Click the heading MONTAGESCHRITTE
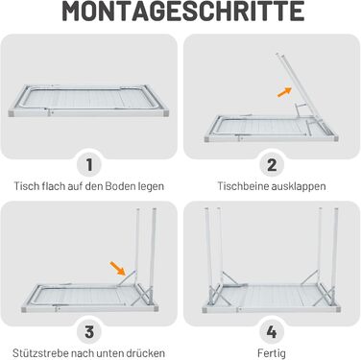182,12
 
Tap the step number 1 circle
89,165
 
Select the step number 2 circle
272,165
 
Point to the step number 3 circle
89,332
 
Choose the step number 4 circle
272,332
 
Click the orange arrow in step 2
284,92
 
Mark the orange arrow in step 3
118,268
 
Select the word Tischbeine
243,186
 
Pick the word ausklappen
299,186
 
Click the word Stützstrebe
40,353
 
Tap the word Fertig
272,354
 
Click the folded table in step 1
88,101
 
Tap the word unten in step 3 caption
109,353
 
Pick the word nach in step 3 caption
83,353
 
